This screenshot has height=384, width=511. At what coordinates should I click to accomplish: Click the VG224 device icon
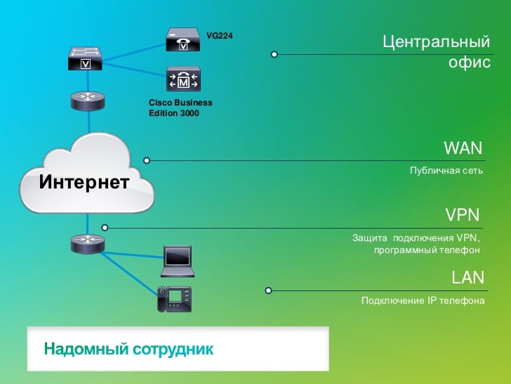click(x=182, y=39)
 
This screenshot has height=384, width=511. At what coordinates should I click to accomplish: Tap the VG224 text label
click(x=219, y=35)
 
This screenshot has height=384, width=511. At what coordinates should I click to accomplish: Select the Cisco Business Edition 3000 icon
click(x=182, y=79)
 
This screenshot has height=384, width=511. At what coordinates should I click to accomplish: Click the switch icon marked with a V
click(x=86, y=59)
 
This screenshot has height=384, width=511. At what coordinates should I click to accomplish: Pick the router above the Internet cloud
click(x=88, y=101)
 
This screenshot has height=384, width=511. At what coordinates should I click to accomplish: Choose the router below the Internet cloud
click(x=88, y=243)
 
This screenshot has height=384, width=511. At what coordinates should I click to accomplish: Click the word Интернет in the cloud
click(x=84, y=183)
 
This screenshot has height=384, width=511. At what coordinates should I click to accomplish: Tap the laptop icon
click(x=178, y=262)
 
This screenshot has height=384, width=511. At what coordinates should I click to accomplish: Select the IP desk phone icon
click(x=175, y=299)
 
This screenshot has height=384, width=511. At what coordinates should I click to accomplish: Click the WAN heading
click(x=463, y=148)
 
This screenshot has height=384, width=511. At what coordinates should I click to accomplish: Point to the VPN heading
click(x=463, y=214)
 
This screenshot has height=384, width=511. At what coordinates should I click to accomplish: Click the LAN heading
click(x=467, y=277)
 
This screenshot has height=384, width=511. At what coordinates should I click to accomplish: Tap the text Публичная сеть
click(x=446, y=171)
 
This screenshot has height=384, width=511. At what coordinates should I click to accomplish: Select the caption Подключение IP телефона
click(x=423, y=301)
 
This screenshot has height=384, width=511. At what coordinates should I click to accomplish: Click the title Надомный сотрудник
click(x=128, y=348)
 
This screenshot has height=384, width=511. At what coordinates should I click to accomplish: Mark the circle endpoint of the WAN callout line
click(x=147, y=160)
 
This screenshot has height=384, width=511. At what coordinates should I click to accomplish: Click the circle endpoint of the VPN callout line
click(x=105, y=227)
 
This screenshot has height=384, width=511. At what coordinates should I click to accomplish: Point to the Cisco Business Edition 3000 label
click(x=180, y=108)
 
